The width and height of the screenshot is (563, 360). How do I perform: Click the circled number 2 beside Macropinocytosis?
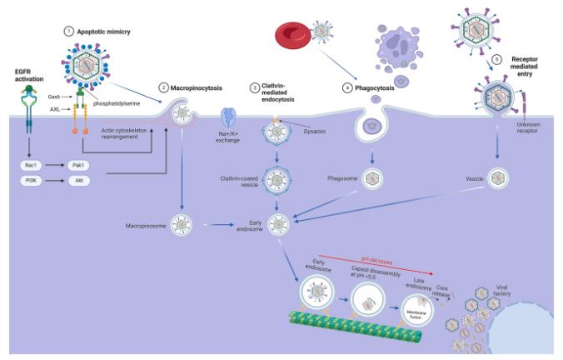pyautogui.click(x=165, y=87)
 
